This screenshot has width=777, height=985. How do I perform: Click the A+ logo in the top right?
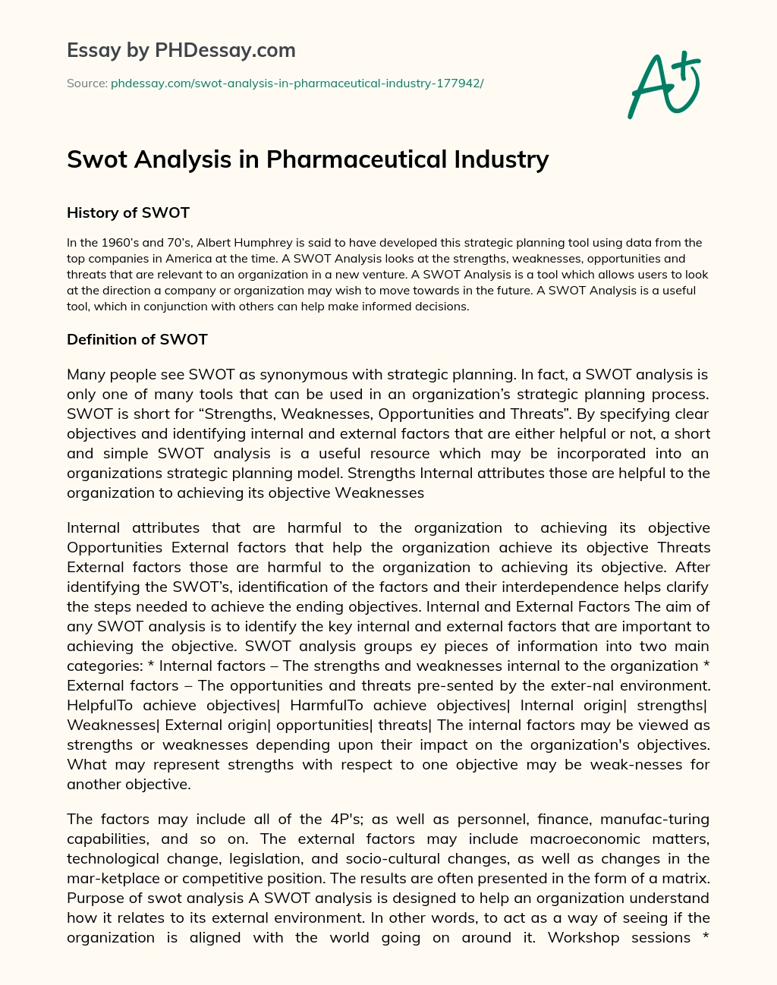[664, 85]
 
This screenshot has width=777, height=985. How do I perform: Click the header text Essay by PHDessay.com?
[181, 51]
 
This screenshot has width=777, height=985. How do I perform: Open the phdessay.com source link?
[297, 83]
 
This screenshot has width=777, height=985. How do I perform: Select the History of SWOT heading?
[128, 212]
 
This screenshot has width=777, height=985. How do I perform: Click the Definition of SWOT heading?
[137, 339]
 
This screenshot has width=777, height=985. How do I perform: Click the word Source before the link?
[86, 83]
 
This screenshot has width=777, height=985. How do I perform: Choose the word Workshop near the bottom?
[584, 937]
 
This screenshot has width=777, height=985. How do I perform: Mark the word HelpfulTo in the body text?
[100, 705]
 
